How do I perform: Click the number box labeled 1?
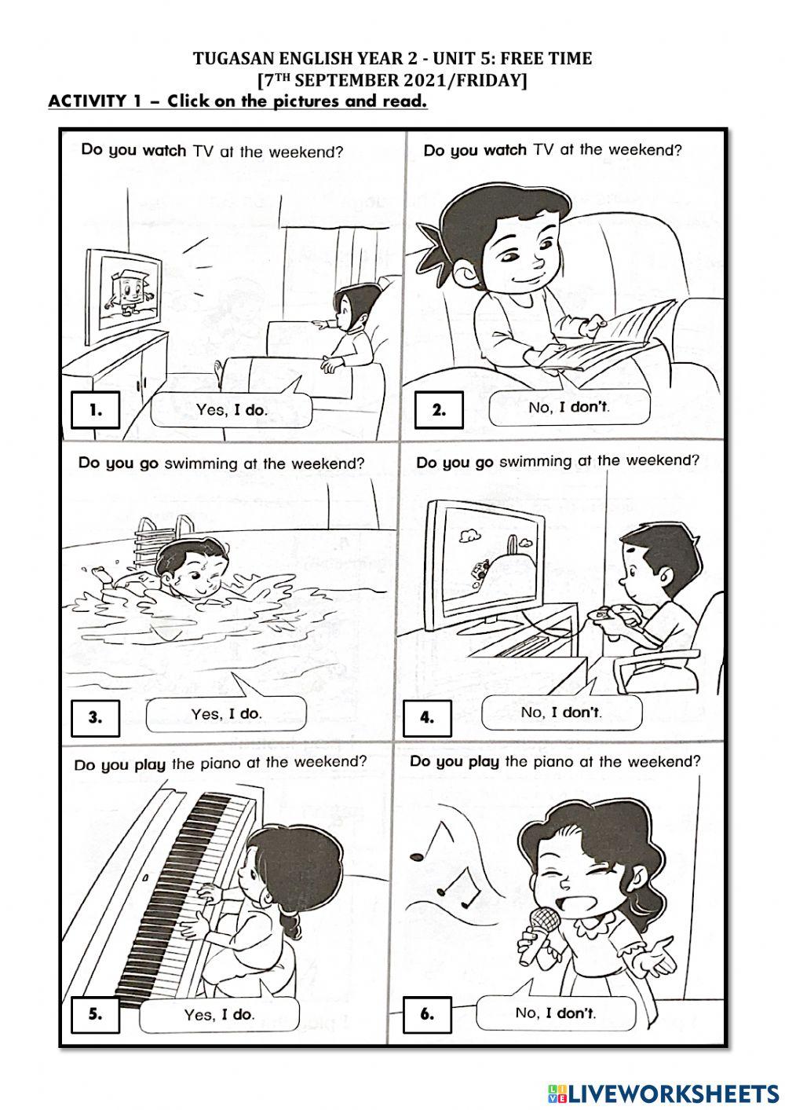pyautogui.click(x=95, y=409)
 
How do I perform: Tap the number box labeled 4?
pyautogui.click(x=427, y=716)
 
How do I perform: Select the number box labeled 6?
pyautogui.click(x=427, y=1013)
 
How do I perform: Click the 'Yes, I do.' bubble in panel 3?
pyautogui.click(x=226, y=714)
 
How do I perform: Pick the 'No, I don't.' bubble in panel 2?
pyautogui.click(x=568, y=408)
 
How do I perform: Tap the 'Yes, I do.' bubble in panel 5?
pyautogui.click(x=219, y=1014)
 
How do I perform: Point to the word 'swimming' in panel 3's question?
pyautogui.click(x=199, y=463)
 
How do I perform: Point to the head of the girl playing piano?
pyautogui.click(x=271, y=864)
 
